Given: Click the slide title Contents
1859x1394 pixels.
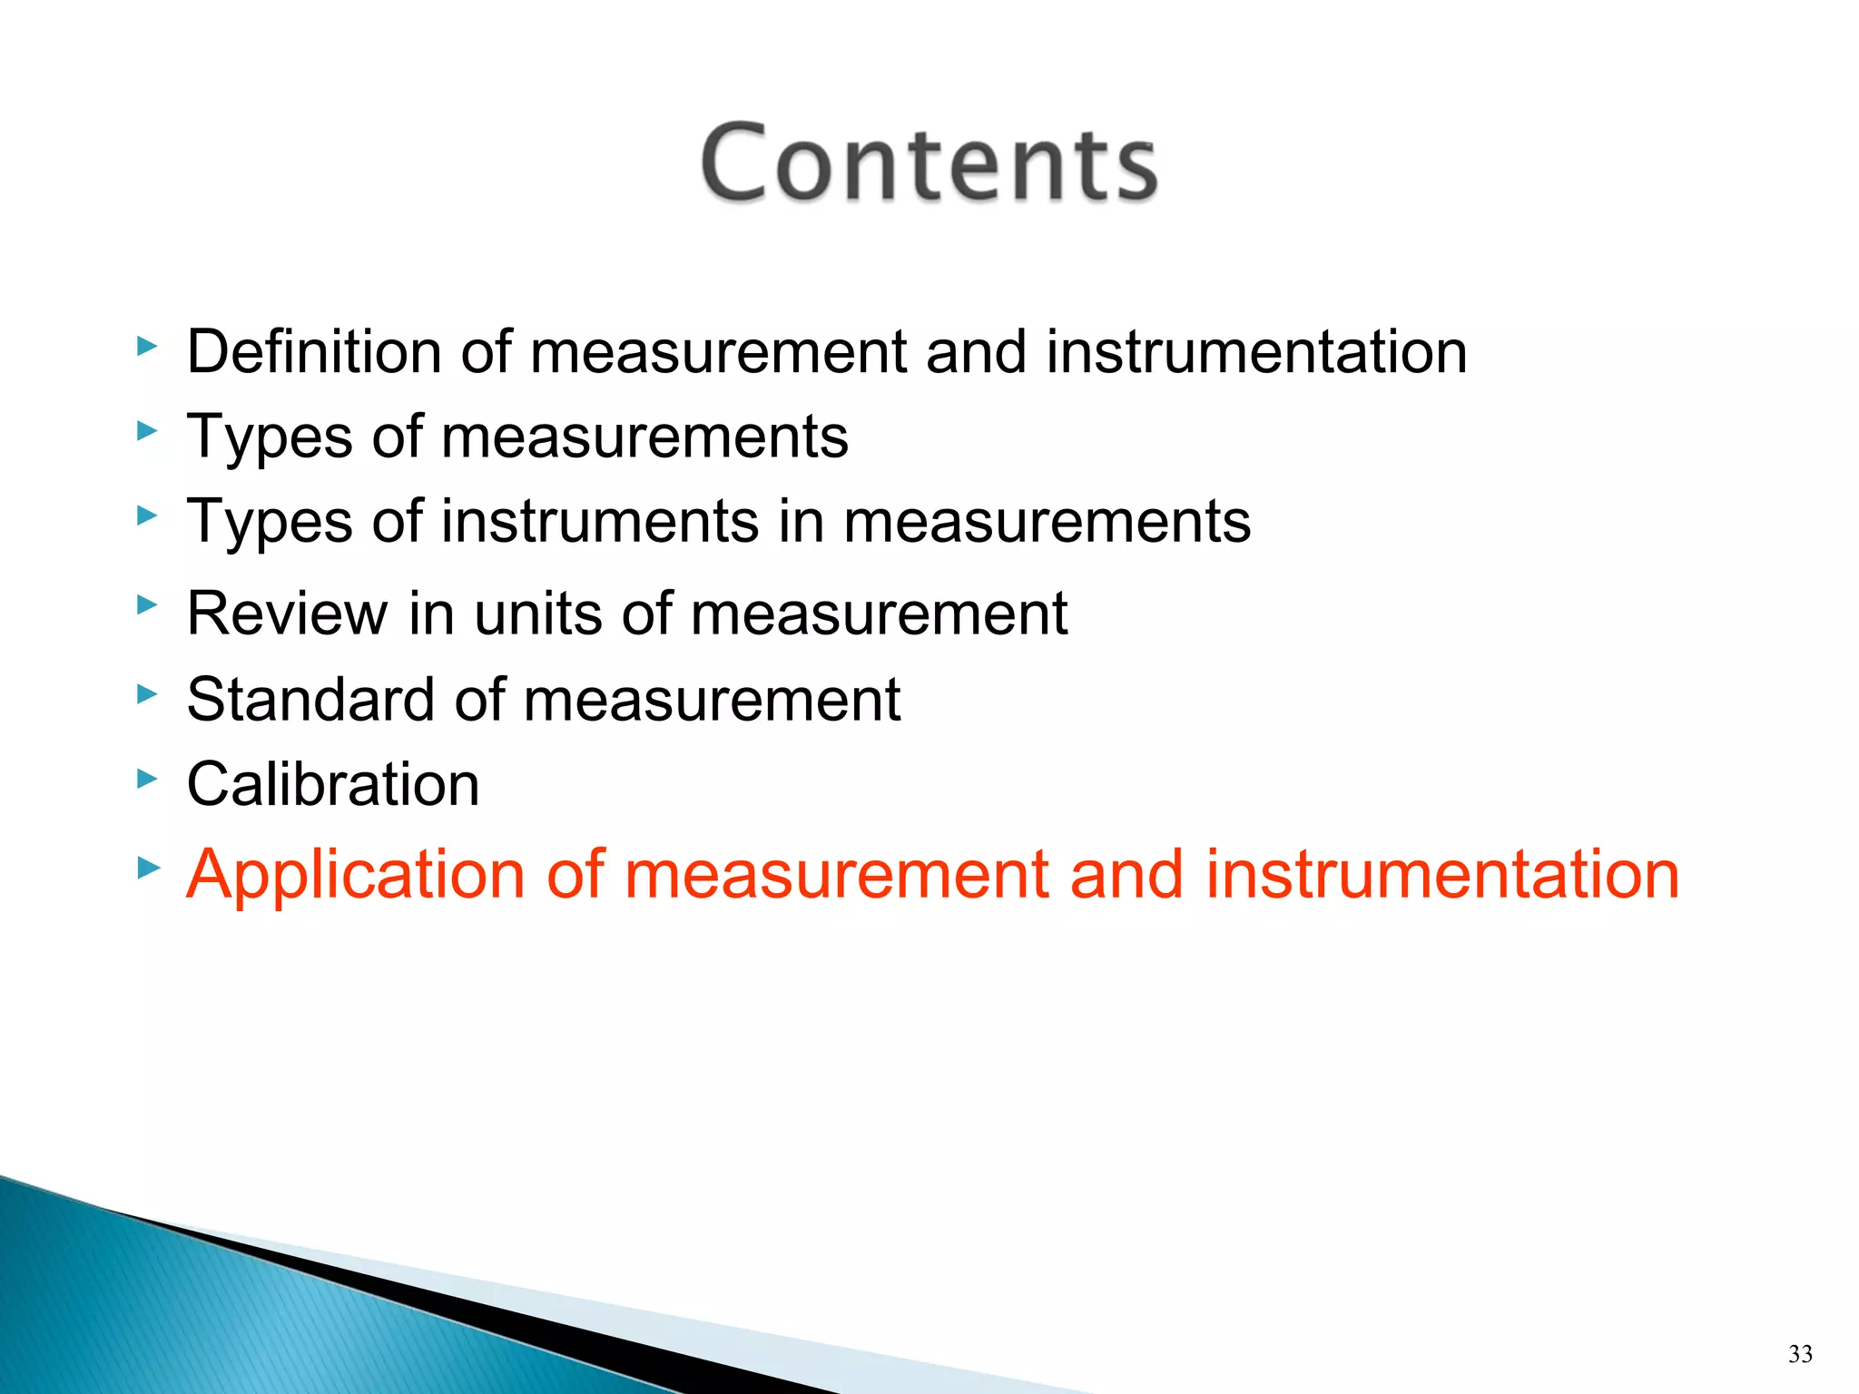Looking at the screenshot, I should (929, 163).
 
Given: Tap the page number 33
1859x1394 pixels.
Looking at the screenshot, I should (1800, 1354).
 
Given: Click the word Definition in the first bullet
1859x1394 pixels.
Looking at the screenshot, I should (313, 352).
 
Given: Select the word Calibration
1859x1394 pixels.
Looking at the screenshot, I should (332, 784).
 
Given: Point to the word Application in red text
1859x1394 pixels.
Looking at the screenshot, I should (355, 875).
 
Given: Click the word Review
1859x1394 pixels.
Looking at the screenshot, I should (287, 614).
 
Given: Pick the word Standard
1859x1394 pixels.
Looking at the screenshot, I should (310, 700).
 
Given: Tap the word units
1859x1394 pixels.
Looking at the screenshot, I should (539, 614).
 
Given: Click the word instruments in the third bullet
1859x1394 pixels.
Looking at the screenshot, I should (599, 522).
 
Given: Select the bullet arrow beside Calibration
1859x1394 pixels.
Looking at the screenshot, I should (147, 779).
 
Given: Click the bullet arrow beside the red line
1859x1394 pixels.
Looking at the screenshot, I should (147, 869).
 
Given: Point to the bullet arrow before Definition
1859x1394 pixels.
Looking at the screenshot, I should (147, 346).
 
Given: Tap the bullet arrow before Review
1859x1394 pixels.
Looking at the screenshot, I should (147, 604).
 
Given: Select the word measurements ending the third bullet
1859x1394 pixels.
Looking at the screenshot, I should (1047, 522).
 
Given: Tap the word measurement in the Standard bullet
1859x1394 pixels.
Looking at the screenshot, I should (712, 700).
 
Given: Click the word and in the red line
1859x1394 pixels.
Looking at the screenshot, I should (1126, 875).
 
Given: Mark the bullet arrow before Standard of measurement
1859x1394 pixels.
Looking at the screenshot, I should (147, 694).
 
